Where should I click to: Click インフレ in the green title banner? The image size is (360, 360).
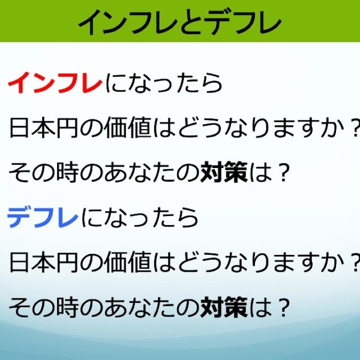(x=128, y=22)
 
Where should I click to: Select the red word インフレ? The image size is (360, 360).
(x=55, y=83)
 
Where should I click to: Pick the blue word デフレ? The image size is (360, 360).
(x=43, y=217)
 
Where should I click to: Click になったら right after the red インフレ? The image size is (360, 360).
(x=164, y=83)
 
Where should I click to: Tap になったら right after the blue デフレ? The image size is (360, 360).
(x=140, y=217)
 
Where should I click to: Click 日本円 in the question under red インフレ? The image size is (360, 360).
(x=43, y=127)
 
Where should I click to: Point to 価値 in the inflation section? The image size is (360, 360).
(x=128, y=127)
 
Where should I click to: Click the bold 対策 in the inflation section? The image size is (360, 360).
(x=224, y=172)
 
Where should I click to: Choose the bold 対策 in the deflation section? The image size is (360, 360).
(x=224, y=307)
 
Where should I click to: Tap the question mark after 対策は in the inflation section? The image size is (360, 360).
(x=282, y=172)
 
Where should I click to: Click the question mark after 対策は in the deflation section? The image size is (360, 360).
(x=282, y=307)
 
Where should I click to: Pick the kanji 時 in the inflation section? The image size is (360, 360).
(x=67, y=172)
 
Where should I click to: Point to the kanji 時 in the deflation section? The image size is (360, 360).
(x=67, y=307)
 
